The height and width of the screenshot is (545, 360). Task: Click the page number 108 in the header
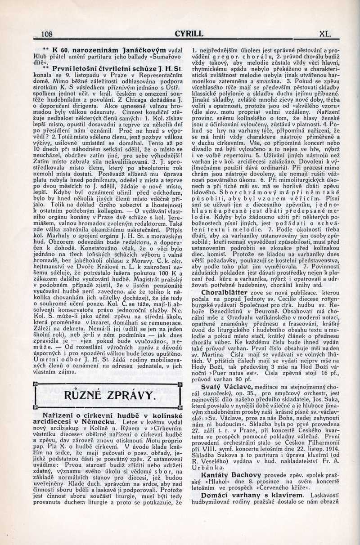[x=47, y=34]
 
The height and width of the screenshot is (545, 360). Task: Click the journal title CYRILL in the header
[x=189, y=33]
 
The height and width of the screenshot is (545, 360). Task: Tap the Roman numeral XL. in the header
[x=324, y=33]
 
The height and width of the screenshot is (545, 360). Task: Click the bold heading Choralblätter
[x=225, y=292]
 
